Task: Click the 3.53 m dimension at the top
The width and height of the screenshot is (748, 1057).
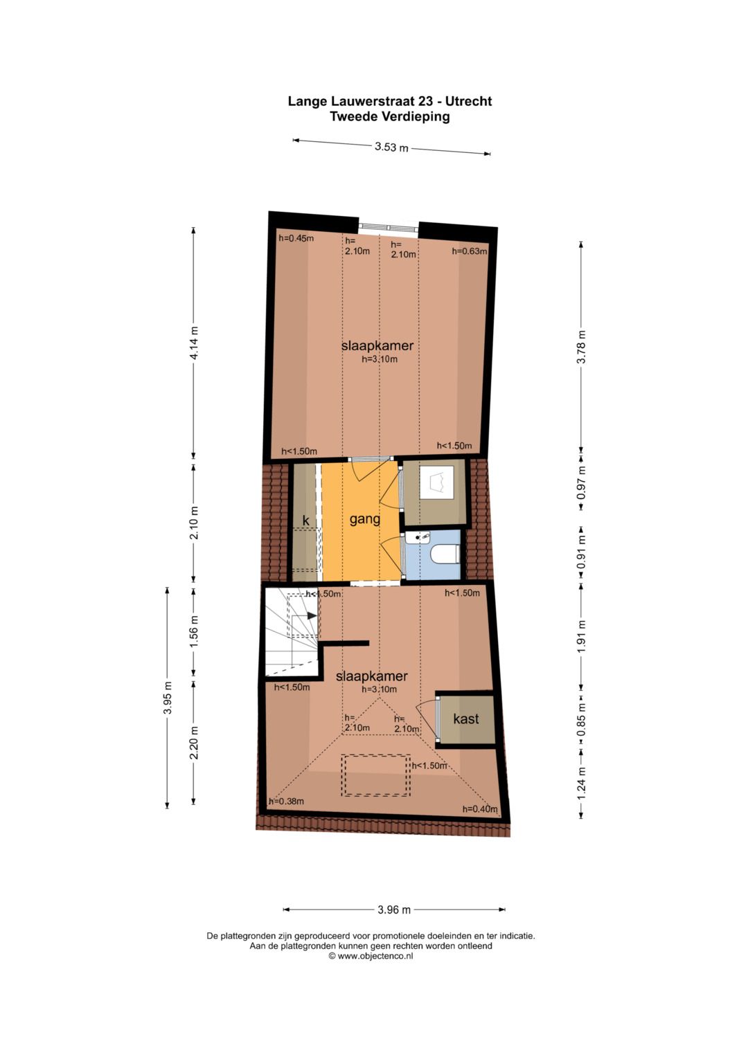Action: coord(391,147)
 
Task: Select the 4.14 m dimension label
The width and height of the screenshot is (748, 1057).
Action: coord(195,343)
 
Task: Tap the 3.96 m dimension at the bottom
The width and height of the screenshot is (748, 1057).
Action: coord(394,910)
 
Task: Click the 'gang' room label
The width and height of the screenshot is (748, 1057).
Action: coord(364,518)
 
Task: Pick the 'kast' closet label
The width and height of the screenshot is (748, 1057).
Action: coord(465,719)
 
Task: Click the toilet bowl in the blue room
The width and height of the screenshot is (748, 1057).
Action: coord(443,554)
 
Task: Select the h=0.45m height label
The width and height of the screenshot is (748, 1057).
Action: coord(296,238)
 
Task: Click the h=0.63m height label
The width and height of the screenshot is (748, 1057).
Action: coord(469,251)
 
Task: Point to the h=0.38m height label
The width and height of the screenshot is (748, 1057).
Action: coord(286,802)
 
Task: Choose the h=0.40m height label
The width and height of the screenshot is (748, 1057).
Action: coord(480,809)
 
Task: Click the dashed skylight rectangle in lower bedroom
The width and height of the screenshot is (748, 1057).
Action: coord(375,775)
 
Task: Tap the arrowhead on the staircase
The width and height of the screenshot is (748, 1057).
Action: coord(313,615)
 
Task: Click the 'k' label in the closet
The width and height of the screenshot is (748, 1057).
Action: coord(305,521)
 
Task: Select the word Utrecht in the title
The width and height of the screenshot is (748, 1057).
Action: coord(468,101)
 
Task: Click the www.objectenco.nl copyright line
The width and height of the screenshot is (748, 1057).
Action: coord(371,956)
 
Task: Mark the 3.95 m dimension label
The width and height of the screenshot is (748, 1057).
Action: coord(167,698)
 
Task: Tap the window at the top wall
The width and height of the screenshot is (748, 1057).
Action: coord(389,226)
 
